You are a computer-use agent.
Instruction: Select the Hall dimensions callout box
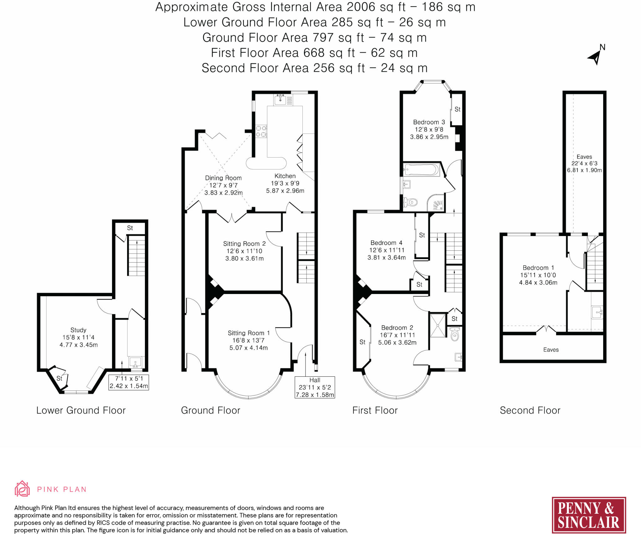click(x=315, y=387)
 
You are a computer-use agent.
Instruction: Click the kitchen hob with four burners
click(x=261, y=131)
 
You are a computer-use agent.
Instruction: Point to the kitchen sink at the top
click(x=280, y=100)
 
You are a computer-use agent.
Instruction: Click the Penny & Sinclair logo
click(x=588, y=515)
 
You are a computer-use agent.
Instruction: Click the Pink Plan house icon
click(x=22, y=489)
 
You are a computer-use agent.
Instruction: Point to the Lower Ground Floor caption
click(x=81, y=410)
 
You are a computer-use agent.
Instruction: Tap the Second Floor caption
click(x=530, y=410)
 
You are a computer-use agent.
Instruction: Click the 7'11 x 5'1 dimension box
click(x=129, y=382)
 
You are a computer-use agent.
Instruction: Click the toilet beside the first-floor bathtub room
click(x=409, y=202)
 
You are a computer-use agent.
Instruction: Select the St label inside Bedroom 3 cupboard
click(x=457, y=109)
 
